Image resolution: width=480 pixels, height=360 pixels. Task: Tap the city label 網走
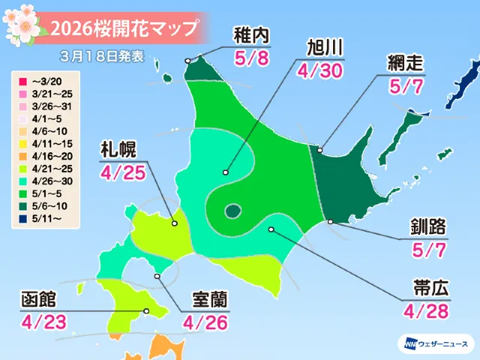[406, 62]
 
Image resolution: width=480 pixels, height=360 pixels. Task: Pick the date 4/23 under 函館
[40, 323]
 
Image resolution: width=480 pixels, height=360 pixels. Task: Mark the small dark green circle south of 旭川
[233, 211]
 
